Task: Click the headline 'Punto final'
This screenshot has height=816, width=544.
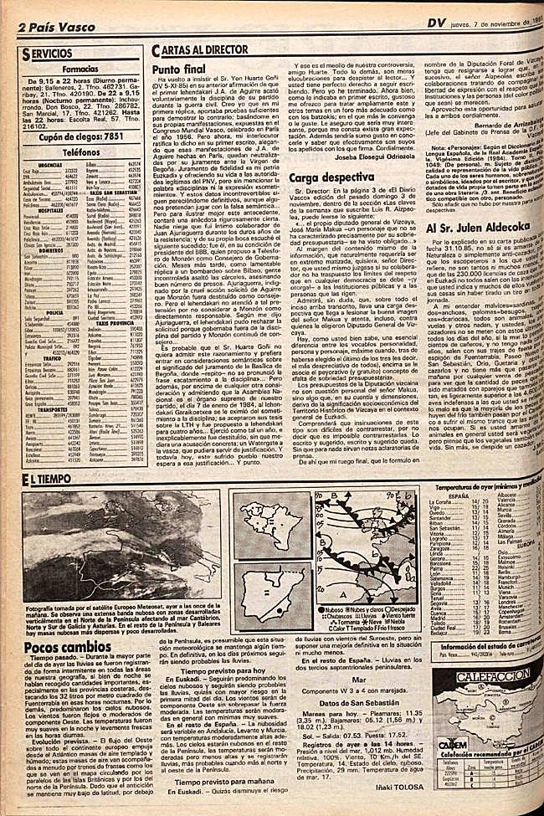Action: (179, 71)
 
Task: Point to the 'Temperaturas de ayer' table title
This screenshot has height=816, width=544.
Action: (489, 485)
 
